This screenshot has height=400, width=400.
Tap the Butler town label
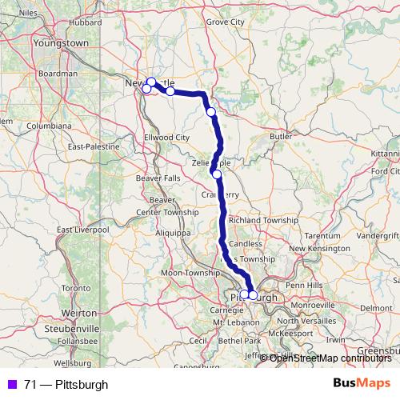[281, 137]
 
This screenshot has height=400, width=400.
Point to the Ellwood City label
[166, 138]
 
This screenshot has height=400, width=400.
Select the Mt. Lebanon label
[232, 322]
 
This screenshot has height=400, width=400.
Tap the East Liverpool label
[82, 230]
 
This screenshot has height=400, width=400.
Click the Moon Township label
[190, 274]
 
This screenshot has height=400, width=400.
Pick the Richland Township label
[263, 219]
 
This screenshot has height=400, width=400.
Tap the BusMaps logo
[362, 385]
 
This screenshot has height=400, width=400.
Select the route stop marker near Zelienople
[216, 174]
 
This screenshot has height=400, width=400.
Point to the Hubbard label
[85, 24]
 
